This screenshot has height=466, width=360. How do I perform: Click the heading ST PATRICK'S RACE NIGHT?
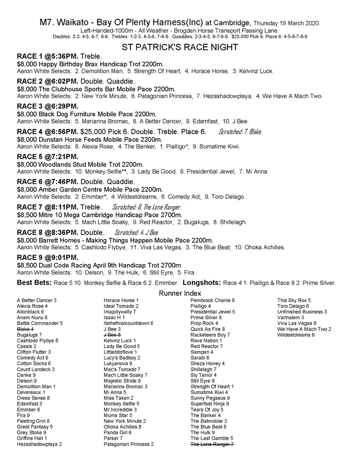(x=180, y=47)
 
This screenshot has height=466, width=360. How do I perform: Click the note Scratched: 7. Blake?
(x=240, y=132)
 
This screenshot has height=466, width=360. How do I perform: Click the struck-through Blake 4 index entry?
(x=25, y=328)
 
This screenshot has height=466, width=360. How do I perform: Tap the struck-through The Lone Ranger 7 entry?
(x=212, y=444)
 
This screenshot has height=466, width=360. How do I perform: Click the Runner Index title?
(x=179, y=292)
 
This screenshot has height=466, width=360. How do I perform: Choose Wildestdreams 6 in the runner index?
(x=296, y=335)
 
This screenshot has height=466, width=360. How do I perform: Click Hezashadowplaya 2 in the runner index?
(x=39, y=444)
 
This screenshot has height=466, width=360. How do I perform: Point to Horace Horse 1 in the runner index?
(x=121, y=300)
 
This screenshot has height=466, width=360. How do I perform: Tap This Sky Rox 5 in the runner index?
(x=294, y=300)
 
